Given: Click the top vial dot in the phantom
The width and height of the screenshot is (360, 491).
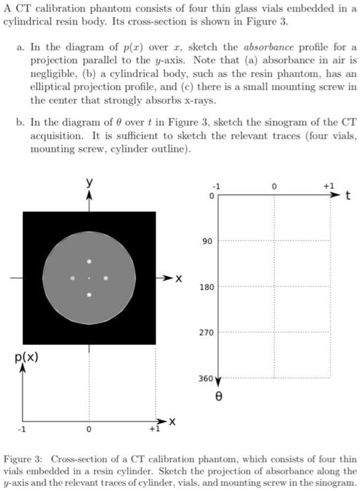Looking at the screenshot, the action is [89, 261].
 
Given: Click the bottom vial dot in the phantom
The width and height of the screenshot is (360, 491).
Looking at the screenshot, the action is [89, 294].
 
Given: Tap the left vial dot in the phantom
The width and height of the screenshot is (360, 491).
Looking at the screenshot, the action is [73, 278].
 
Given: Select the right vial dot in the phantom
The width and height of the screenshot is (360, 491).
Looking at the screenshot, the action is [106, 278].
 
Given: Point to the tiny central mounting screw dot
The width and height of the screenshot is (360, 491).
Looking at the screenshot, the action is [89, 278].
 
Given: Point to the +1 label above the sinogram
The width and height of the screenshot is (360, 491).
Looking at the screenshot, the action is [329, 185].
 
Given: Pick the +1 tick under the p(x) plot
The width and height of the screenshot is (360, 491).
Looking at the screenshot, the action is [153, 430].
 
